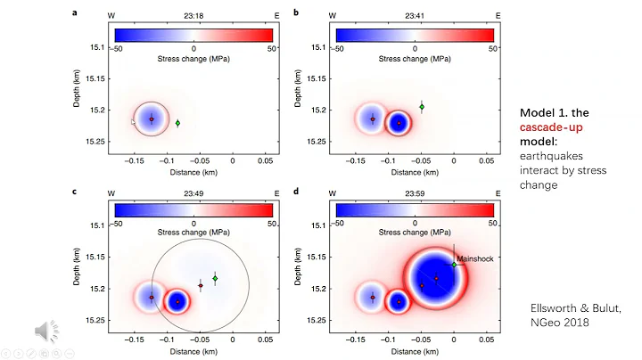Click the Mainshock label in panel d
(473, 259)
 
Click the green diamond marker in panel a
(177, 123)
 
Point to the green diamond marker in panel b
(422, 107)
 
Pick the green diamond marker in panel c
(215, 279)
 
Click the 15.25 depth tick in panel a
(93, 142)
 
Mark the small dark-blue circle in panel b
(399, 124)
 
